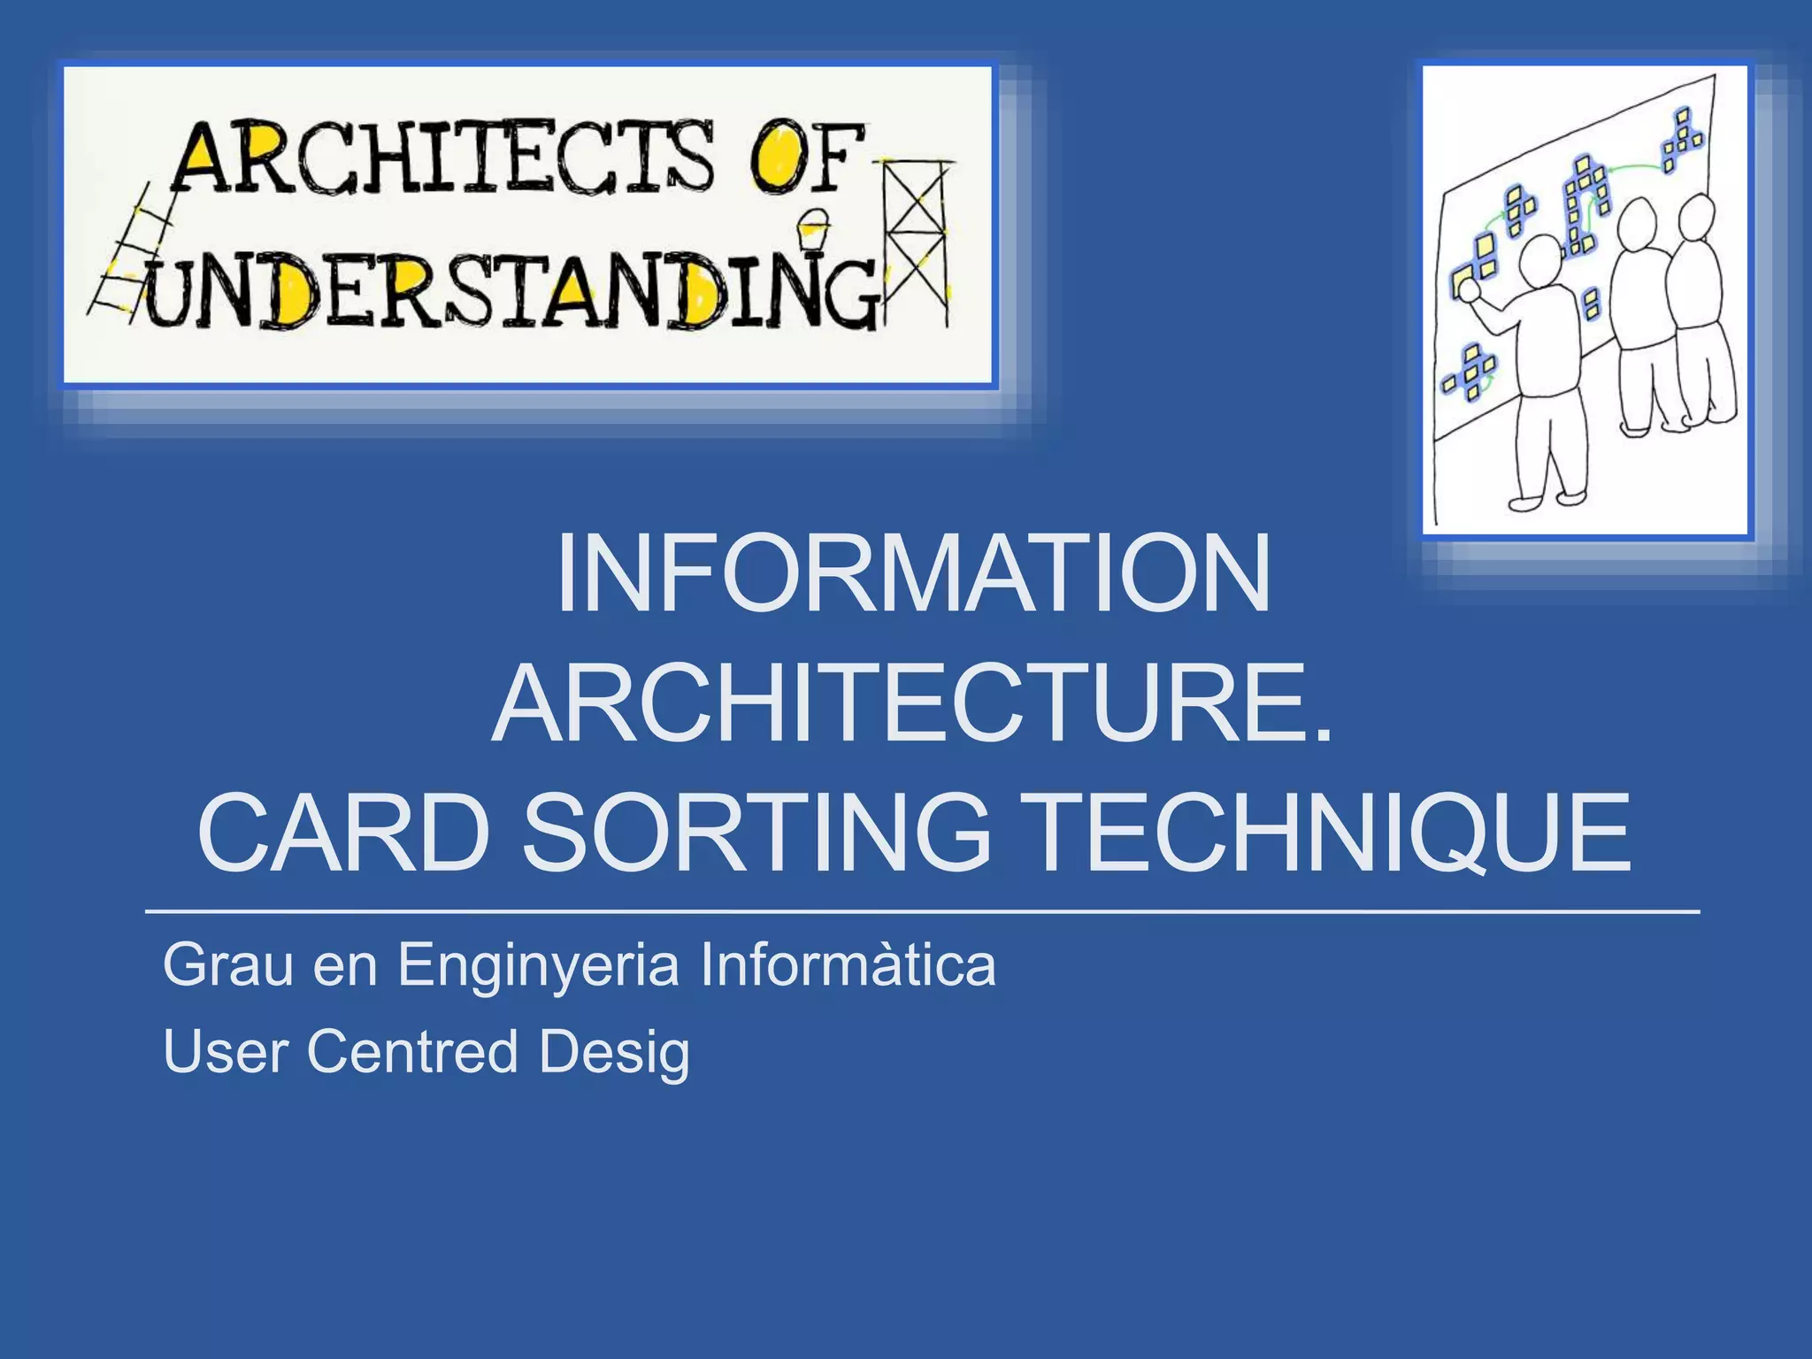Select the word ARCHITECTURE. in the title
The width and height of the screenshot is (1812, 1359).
[911, 706]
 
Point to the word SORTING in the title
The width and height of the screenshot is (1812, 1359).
[756, 833]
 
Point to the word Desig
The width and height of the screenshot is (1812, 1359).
[614, 1053]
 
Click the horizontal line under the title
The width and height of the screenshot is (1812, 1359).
[920, 910]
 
